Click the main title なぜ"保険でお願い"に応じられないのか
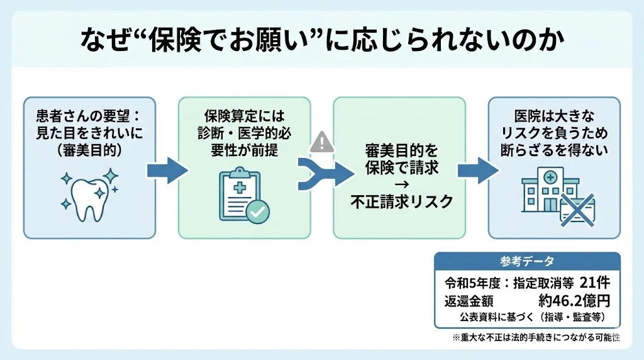click(322, 40)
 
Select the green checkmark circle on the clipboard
click(257, 213)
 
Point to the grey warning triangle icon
click(322, 142)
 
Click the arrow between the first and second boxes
click(167, 170)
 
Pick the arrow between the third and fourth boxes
click(477, 170)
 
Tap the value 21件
click(594, 283)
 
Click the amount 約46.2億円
click(574, 300)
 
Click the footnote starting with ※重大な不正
click(536, 338)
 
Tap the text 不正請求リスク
click(399, 201)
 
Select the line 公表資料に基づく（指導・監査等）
click(531, 316)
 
